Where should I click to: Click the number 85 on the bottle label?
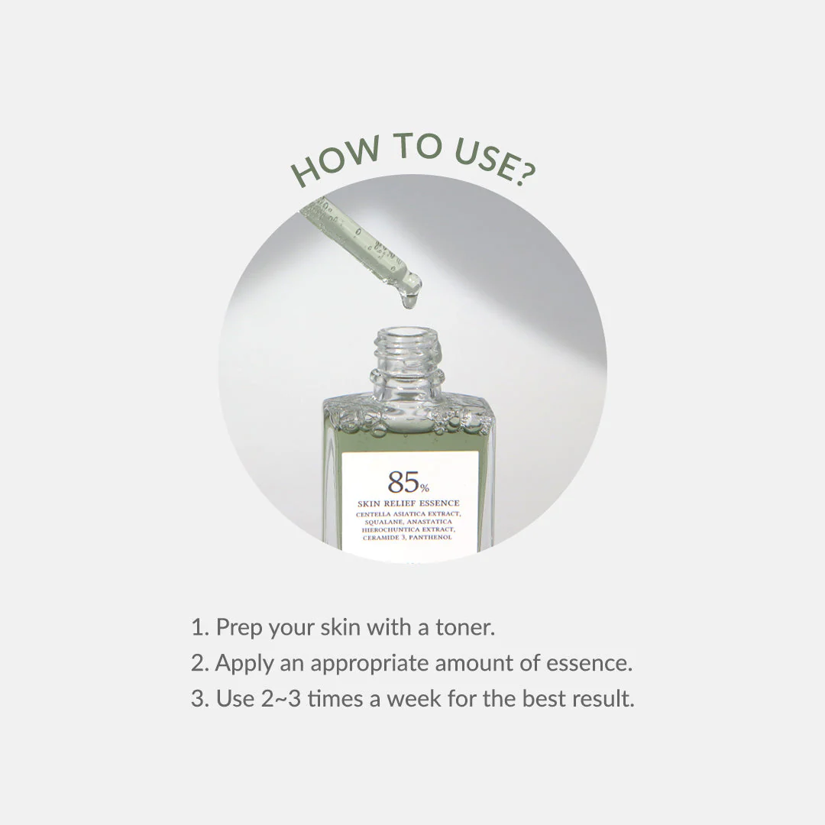(403, 481)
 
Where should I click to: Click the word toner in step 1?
(465, 628)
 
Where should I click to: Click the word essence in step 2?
(589, 664)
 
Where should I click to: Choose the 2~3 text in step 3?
(281, 699)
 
